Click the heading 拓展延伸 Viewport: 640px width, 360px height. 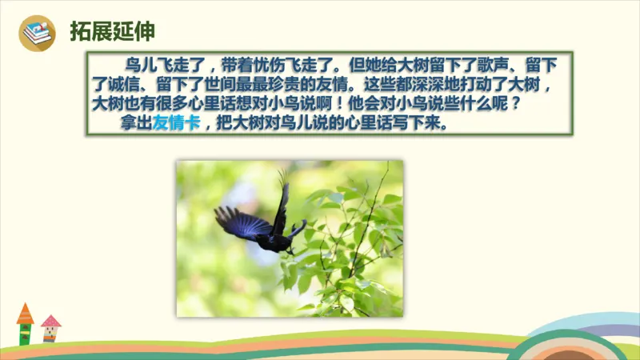pyautogui.click(x=112, y=31)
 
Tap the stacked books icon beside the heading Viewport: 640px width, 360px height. pyautogui.click(x=37, y=33)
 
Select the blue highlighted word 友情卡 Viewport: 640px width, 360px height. pyautogui.click(x=176, y=124)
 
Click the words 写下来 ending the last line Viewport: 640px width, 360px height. pyautogui.click(x=431, y=124)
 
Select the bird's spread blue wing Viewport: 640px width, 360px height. pyautogui.click(x=240, y=222)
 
